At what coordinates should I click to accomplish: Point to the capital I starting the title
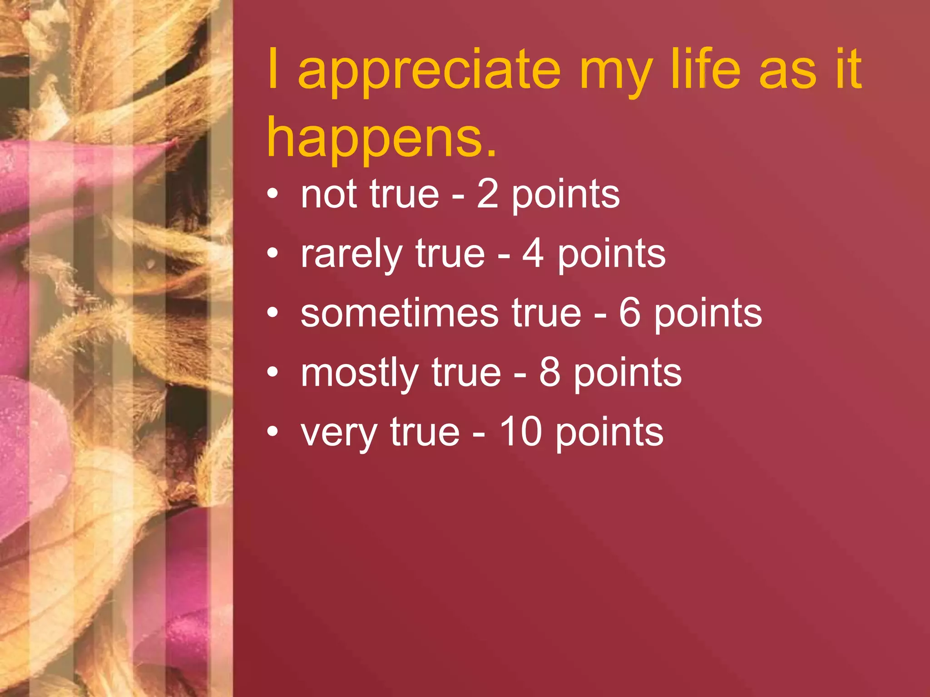pyautogui.click(x=273, y=69)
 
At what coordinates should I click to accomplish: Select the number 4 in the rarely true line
pyautogui.click(x=533, y=254)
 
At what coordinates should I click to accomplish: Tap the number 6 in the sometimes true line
pyautogui.click(x=630, y=313)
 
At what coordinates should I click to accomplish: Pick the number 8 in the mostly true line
pyautogui.click(x=550, y=373)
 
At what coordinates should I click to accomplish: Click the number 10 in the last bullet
pyautogui.click(x=520, y=432)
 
